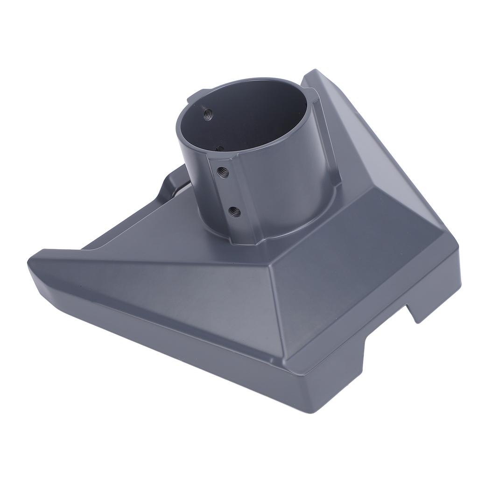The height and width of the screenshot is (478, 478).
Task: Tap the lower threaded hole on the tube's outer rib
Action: point(235,212)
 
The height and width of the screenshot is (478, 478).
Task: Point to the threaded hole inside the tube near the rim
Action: point(207,112)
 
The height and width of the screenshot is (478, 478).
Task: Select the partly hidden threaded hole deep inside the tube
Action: point(219,148)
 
